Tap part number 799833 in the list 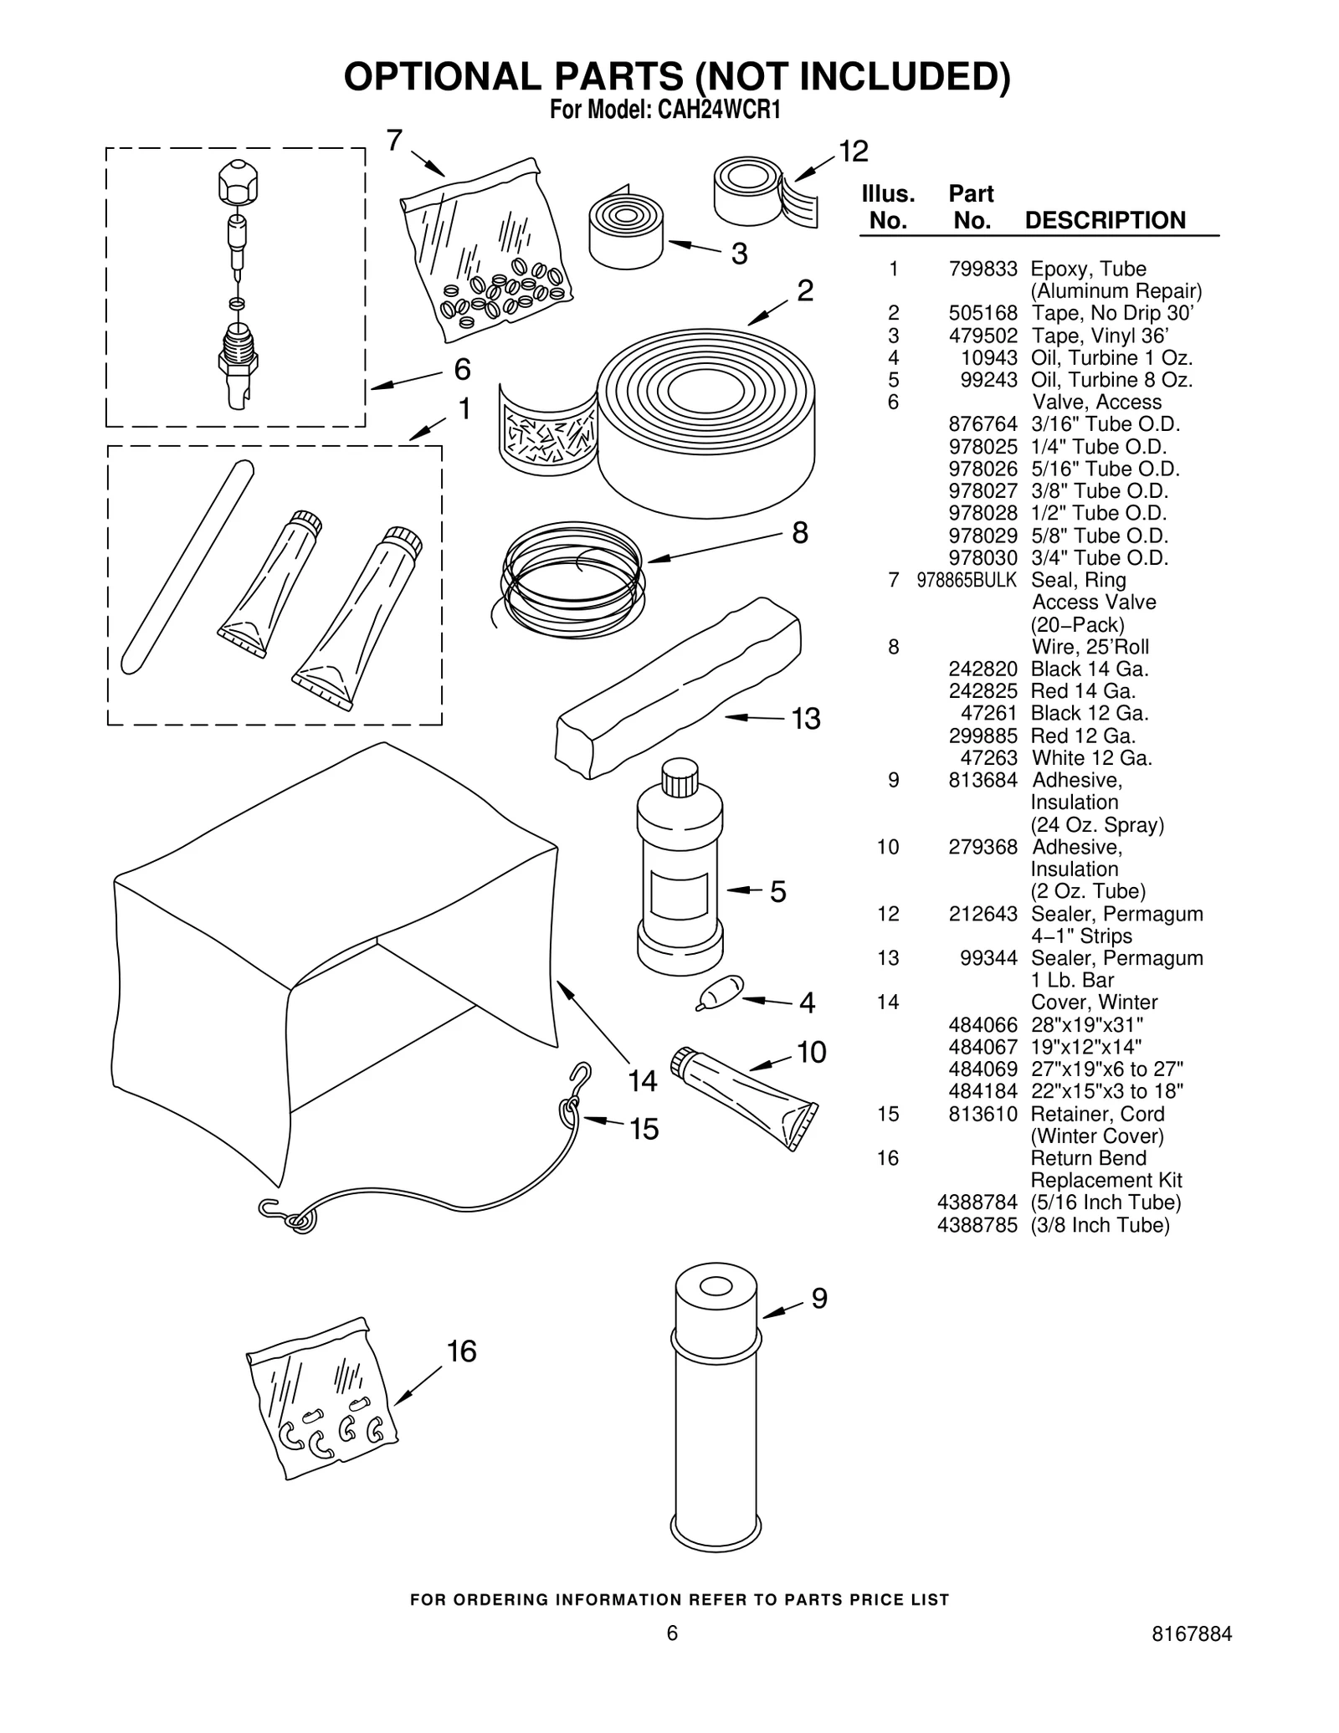(x=982, y=269)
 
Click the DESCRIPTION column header (x=1105, y=221)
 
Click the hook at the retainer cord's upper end (x=578, y=1077)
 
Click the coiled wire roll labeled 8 (x=572, y=577)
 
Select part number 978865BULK (x=967, y=581)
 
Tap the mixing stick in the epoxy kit (x=187, y=567)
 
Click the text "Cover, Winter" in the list (x=1094, y=1002)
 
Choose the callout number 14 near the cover (x=642, y=1081)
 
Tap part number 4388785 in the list (x=977, y=1225)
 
